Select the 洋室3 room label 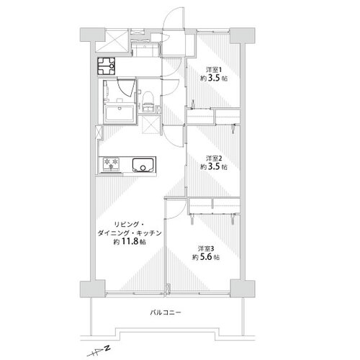click(x=205, y=248)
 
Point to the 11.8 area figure click(x=130, y=241)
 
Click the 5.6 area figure click(x=206, y=257)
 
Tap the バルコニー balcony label click(x=166, y=312)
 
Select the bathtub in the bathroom click(x=120, y=114)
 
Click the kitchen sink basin click(x=143, y=165)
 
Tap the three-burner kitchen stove click(x=111, y=164)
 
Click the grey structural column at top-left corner click(x=92, y=35)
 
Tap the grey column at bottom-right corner click(x=243, y=289)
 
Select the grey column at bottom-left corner click(x=92, y=289)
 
